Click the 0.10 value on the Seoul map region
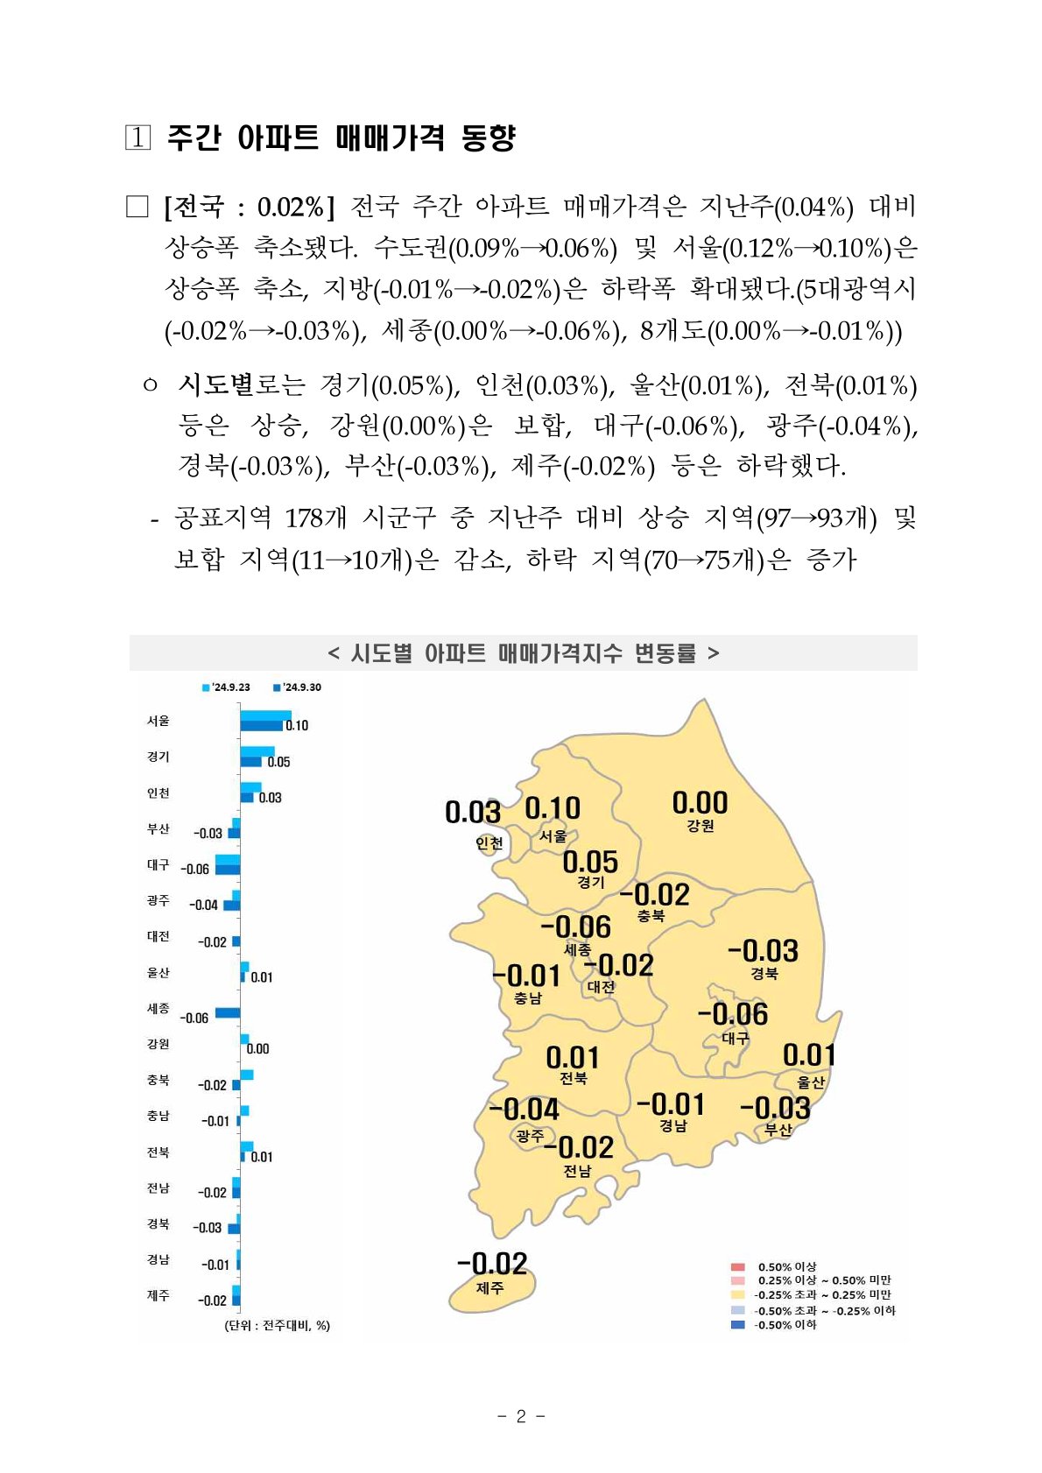(553, 808)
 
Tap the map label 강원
(701, 826)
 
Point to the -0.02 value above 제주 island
(492, 1264)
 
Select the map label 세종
(577, 949)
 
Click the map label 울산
(811, 1082)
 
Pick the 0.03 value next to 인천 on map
(473, 813)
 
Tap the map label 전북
(574, 1079)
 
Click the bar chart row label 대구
(158, 864)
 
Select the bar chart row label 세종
(158, 1009)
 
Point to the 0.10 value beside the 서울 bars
(297, 725)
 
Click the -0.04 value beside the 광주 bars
(203, 905)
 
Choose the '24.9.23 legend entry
(227, 687)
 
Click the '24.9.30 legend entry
(298, 687)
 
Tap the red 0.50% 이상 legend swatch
(738, 1266)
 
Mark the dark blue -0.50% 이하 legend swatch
(738, 1325)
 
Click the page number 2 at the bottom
(521, 1417)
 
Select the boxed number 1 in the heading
(137, 137)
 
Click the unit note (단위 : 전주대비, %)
(278, 1326)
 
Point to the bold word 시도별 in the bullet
(215, 384)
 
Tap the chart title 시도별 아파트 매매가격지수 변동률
(523, 653)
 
